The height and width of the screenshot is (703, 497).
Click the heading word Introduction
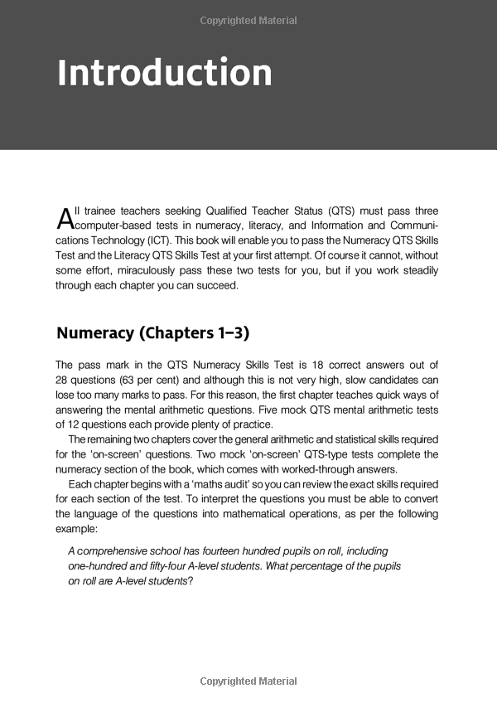tap(164, 73)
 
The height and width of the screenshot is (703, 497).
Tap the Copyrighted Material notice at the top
tap(248, 21)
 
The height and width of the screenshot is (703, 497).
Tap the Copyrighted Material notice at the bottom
tap(248, 681)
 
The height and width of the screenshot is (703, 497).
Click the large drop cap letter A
tap(65, 219)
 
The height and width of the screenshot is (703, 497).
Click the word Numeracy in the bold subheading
tap(94, 333)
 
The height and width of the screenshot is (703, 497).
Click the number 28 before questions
tap(62, 379)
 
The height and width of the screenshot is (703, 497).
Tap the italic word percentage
tap(335, 565)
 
